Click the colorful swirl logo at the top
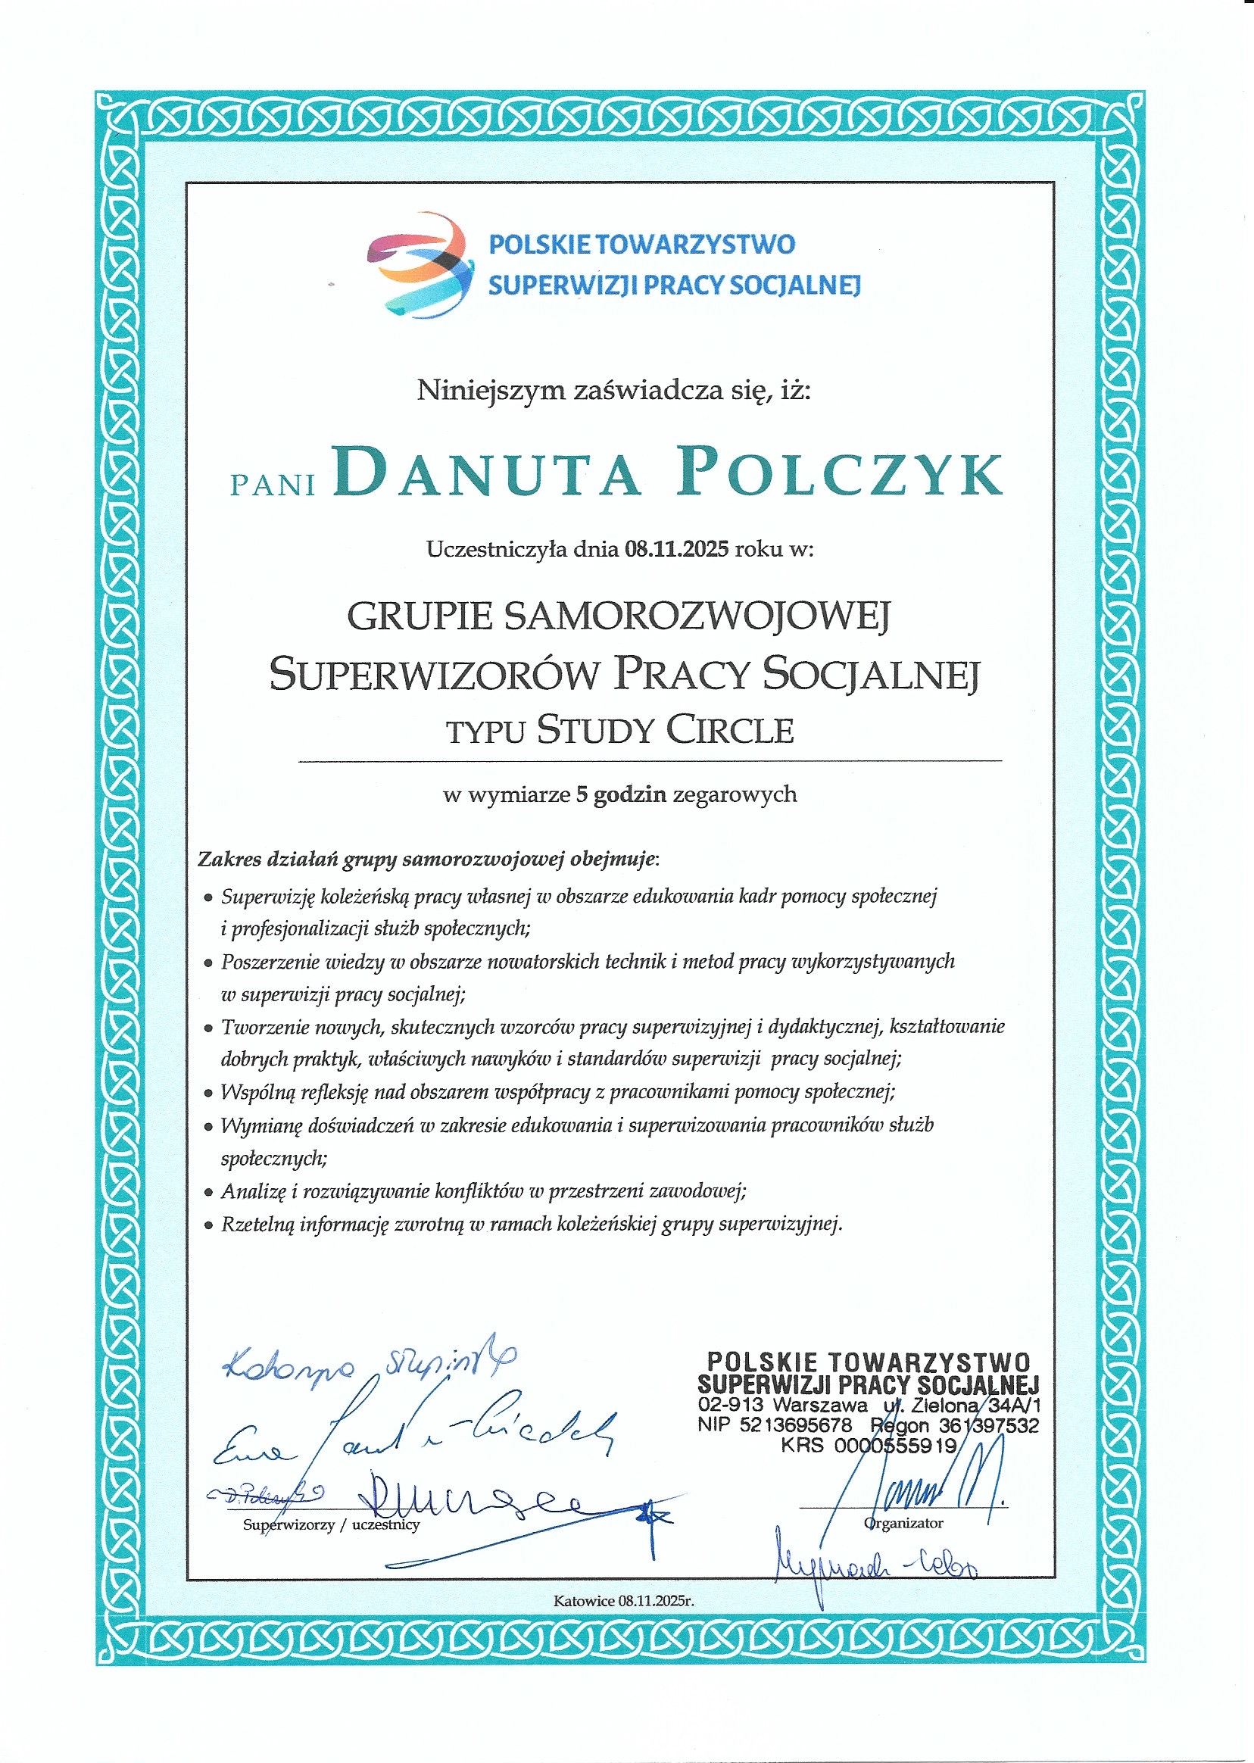tap(420, 264)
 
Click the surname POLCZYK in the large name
tap(840, 472)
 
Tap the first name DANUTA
tap(488, 472)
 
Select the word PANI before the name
tap(273, 485)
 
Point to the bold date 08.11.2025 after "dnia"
tap(676, 549)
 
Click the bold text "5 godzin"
tap(621, 794)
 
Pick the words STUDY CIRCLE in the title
tap(665, 730)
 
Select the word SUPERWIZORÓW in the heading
tap(434, 673)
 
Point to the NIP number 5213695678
tap(795, 1424)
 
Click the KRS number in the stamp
tap(895, 1445)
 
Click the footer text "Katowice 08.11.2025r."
tap(624, 1601)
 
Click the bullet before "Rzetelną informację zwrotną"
tap(207, 1225)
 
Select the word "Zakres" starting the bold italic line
tap(228, 859)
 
